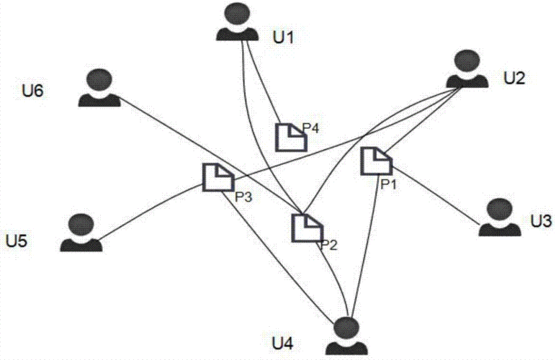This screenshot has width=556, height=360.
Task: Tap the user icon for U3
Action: tap(499, 218)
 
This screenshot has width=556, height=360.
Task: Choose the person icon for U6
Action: tap(99, 88)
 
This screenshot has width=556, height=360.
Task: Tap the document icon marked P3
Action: tap(215, 176)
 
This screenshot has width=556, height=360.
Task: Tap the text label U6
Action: tap(33, 91)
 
